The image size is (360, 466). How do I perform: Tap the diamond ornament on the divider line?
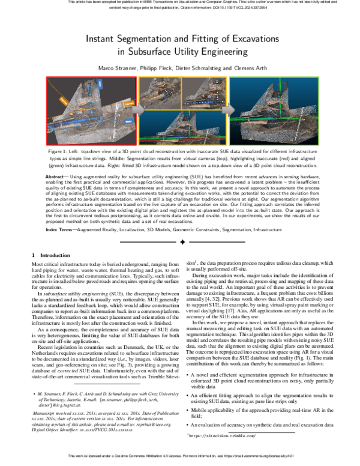(x=180, y=241)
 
